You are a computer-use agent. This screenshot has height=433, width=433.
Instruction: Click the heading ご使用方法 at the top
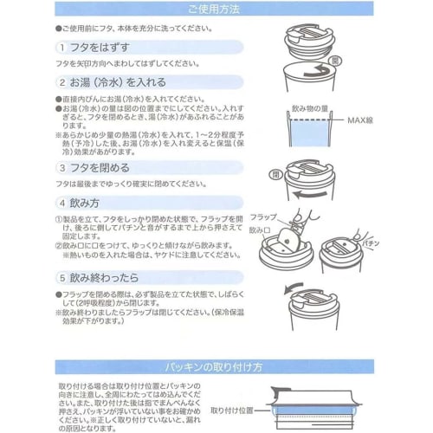[217, 10]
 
